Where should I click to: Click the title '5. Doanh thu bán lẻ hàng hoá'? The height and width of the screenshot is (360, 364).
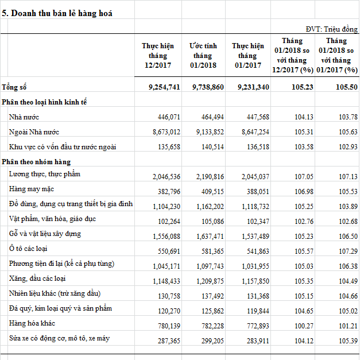[57, 13]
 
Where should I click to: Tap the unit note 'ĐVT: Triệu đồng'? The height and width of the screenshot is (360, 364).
[332, 29]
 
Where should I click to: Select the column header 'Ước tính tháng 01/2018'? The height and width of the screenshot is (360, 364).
[203, 56]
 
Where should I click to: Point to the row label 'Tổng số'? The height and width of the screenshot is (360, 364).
[14, 87]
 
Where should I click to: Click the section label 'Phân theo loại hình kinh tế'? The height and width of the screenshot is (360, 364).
[44, 102]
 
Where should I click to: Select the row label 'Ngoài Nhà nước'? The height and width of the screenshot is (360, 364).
[34, 132]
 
